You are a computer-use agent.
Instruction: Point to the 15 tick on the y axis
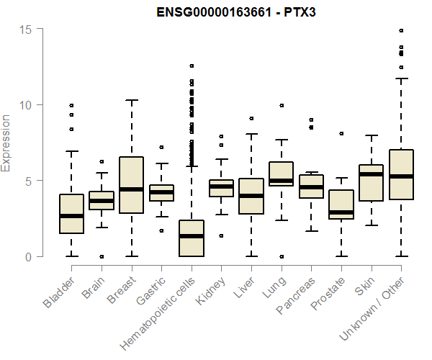[26, 29]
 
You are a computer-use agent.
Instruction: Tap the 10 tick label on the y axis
[26, 104]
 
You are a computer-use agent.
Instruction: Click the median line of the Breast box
[131, 189]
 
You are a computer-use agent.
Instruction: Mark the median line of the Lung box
[281, 181]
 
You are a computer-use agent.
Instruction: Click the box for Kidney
[221, 188]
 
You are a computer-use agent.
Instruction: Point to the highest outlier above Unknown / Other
[401, 31]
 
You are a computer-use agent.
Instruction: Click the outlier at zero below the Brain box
[102, 256]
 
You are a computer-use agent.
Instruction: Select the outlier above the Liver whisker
[251, 118]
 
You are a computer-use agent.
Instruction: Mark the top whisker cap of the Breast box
[131, 100]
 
